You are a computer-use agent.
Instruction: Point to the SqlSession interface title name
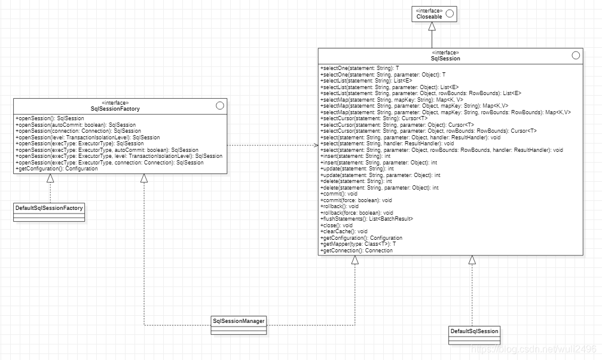[445, 59]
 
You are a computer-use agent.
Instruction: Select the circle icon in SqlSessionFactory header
[219, 106]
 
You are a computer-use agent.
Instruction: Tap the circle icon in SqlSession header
[575, 55]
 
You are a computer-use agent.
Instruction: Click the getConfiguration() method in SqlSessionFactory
[57, 169]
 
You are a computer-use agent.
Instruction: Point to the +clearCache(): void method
[344, 231]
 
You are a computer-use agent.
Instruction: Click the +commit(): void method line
[340, 194]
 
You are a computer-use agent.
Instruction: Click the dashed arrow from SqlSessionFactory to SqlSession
[272, 145]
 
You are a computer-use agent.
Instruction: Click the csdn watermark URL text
[533, 349]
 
